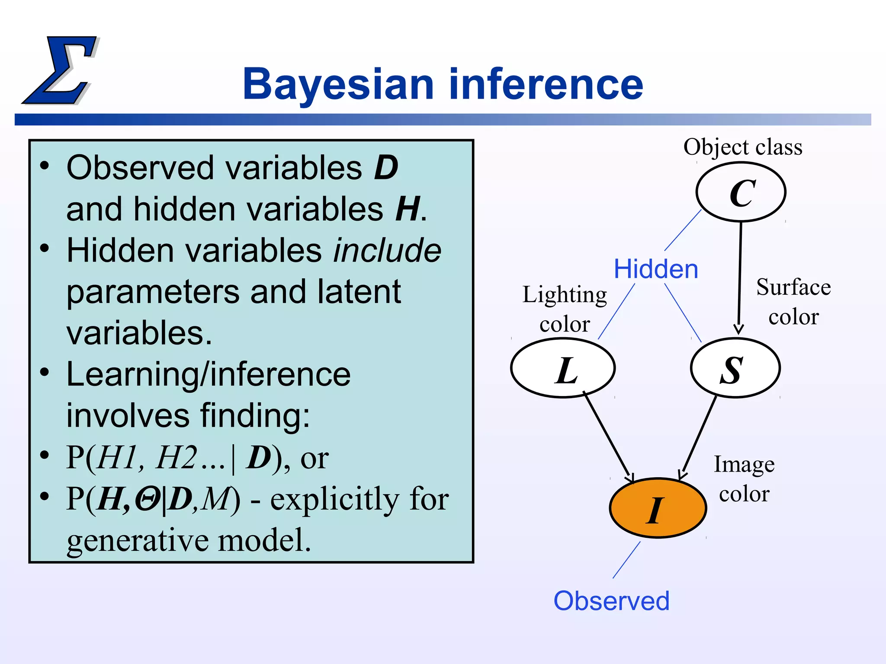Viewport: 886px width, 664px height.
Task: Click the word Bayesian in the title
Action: [338, 85]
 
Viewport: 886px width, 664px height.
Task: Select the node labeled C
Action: [741, 192]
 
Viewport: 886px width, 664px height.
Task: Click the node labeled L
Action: [563, 368]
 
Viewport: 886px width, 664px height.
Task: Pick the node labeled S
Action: [735, 368]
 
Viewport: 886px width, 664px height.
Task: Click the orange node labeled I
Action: [658, 508]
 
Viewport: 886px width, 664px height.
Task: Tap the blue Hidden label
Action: [656, 269]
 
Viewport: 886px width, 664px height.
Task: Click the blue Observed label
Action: [611, 601]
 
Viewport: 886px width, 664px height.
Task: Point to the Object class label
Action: [742, 147]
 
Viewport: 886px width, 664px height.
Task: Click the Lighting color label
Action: [565, 309]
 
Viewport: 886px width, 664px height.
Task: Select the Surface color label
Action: [793, 302]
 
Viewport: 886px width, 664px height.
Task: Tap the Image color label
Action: [744, 479]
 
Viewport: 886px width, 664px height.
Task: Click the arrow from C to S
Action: [740, 277]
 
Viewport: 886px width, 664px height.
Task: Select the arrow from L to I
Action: [607, 437]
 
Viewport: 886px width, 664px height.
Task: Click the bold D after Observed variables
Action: [386, 168]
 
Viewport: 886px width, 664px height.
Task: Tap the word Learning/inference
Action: [208, 374]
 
